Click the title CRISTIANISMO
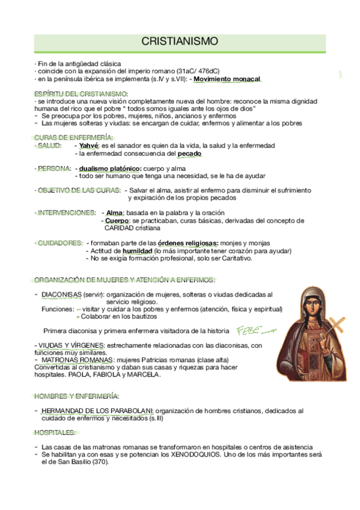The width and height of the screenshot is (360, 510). pos(180,41)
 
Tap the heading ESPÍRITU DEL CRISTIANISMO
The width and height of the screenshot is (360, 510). pos(81,94)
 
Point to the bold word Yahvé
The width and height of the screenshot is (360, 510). pos(89,146)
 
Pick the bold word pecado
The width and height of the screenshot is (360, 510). pos(189,153)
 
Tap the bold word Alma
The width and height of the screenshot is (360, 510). pos(115,213)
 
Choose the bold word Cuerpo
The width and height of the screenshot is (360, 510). pos(117,221)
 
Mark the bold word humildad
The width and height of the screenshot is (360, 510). pos(136,251)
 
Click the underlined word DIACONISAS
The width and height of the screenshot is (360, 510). pos(61,295)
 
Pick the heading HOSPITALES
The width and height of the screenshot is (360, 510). pos(55,432)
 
